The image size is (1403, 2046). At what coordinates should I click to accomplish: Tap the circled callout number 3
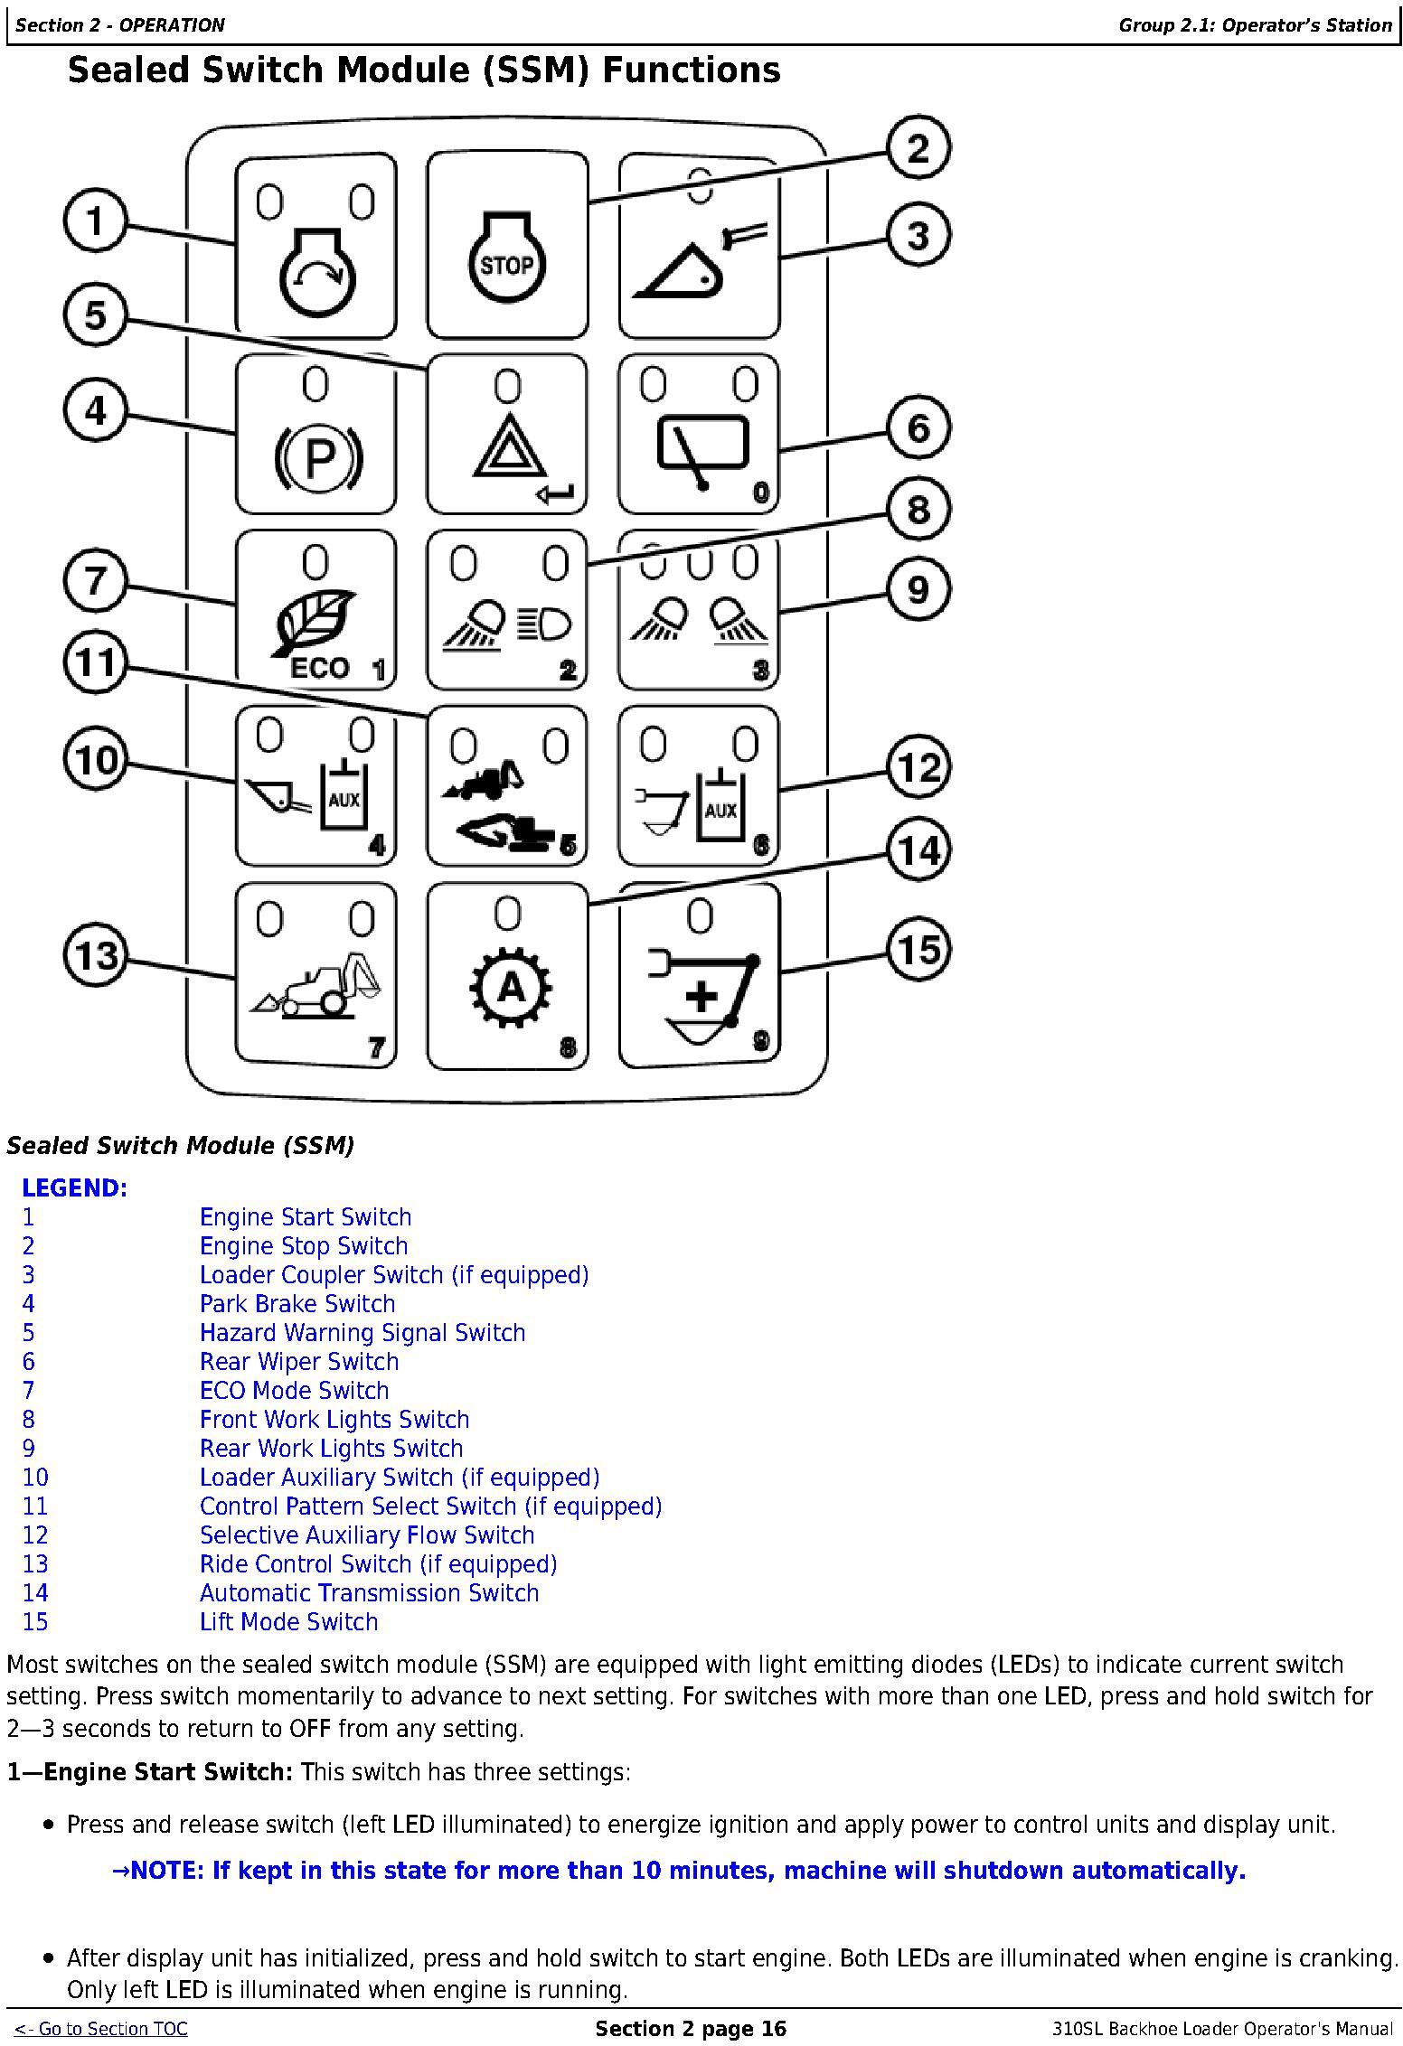click(918, 236)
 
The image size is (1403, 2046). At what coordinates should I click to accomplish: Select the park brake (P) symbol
click(316, 458)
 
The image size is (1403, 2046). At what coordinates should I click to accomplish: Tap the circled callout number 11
click(95, 662)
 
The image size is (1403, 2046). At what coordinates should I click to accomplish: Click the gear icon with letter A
click(511, 989)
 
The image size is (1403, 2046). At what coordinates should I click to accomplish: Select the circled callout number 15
click(918, 949)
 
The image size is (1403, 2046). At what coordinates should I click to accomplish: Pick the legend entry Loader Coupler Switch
click(393, 1274)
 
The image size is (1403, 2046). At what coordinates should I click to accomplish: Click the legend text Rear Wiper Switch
click(298, 1361)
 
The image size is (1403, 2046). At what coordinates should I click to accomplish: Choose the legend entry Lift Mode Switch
click(288, 1621)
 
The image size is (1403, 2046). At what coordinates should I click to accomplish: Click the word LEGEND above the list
click(75, 1187)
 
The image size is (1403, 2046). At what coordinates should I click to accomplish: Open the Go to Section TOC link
click(100, 2029)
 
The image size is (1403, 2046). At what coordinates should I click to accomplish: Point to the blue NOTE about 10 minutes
click(678, 1870)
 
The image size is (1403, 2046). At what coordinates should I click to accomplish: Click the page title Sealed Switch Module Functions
click(423, 70)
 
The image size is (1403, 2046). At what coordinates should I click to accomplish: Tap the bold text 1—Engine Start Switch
click(150, 1771)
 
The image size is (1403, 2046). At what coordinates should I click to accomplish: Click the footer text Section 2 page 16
click(691, 2029)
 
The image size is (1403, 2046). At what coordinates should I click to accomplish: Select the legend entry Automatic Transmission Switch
click(369, 1592)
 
